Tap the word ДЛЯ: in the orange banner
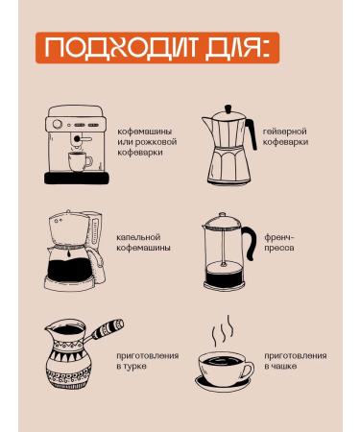pyautogui.click(x=226, y=49)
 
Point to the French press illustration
pyautogui.click(x=228, y=252)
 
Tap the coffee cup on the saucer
pyautogui.click(x=228, y=370)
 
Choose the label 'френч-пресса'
pyautogui.click(x=281, y=242)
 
